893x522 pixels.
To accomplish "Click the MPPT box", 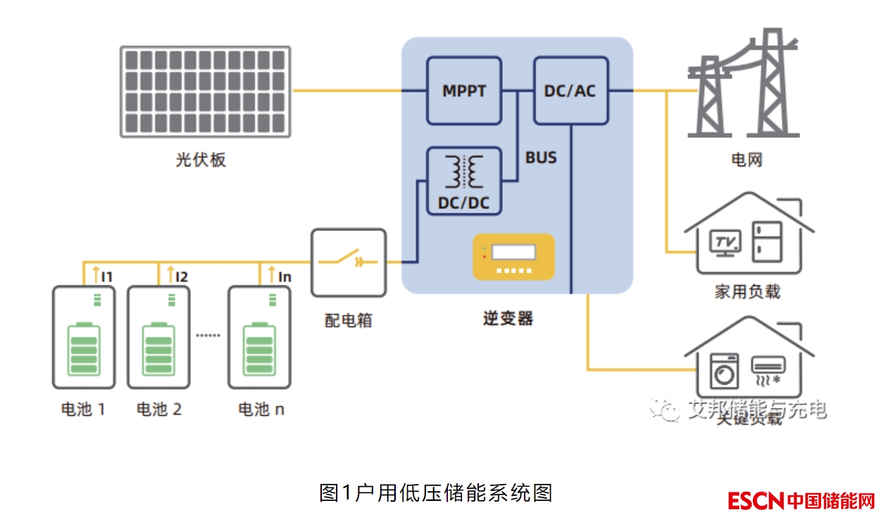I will click(x=464, y=91).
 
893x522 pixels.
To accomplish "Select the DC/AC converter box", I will click(x=570, y=91).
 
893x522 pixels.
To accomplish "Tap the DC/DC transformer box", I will click(x=464, y=181).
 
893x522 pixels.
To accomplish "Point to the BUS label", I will click(x=541, y=158).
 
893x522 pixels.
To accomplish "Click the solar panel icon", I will click(x=205, y=92).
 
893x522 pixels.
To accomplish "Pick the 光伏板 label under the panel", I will click(x=201, y=160).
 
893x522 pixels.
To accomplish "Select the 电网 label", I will click(x=747, y=159).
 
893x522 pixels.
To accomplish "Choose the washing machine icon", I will click(x=724, y=371).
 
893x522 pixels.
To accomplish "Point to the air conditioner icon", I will click(x=768, y=369).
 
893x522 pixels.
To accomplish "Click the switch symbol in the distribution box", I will click(x=349, y=261).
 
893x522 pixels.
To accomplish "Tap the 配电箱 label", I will click(x=348, y=321).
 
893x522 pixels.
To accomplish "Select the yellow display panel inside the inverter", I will click(x=513, y=256).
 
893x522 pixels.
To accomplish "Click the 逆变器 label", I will click(x=508, y=318).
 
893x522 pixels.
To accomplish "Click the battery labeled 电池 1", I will click(x=84, y=337).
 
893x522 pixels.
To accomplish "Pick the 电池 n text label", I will click(x=261, y=409).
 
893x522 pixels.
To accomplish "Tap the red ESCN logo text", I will click(x=756, y=501).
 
